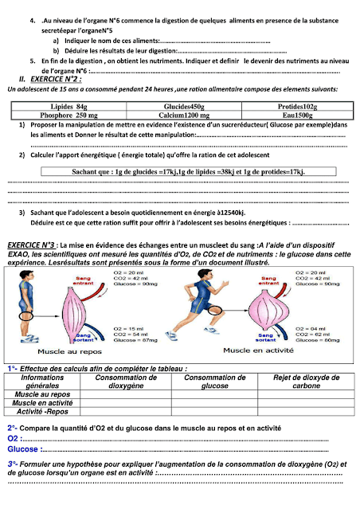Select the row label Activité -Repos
(x=41, y=413)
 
